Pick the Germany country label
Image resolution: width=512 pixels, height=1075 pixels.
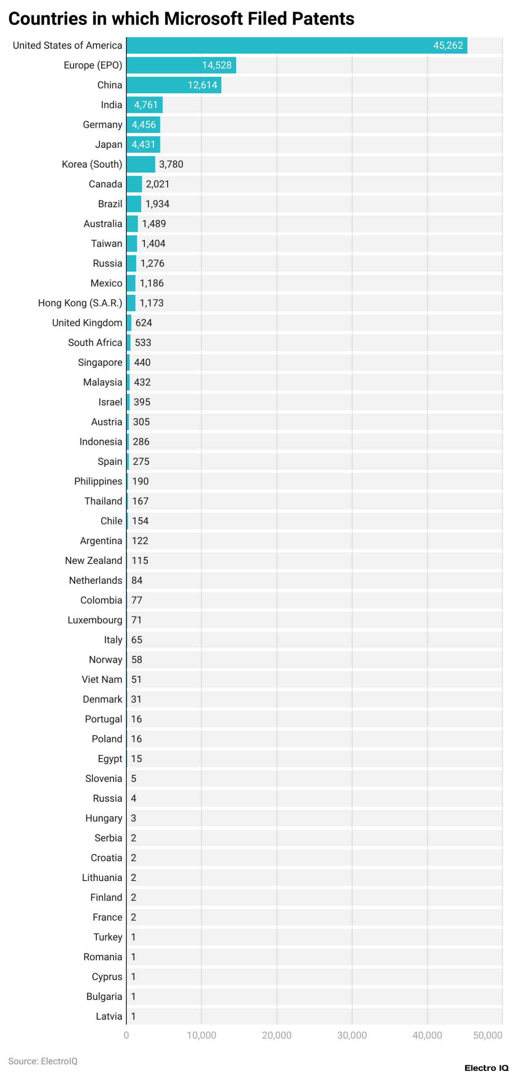[x=102, y=124]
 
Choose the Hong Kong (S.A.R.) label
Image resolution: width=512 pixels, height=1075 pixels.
[x=80, y=302]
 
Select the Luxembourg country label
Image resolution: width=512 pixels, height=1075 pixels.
[x=95, y=619]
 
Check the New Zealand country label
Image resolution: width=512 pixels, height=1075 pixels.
[x=93, y=560]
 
